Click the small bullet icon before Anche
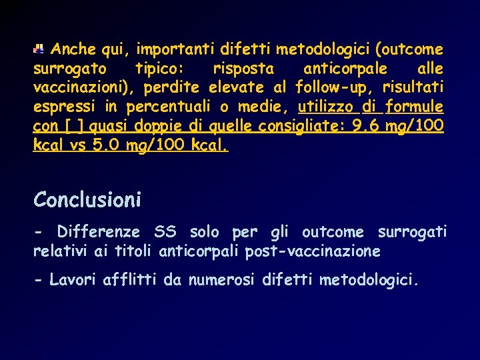tap(39, 49)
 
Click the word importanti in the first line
tap(172, 49)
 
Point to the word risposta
tap(243, 69)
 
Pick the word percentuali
tap(165, 107)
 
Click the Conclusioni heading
tap(87, 199)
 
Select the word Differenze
tap(99, 232)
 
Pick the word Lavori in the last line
tap(74, 281)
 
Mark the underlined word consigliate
tap(307, 126)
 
